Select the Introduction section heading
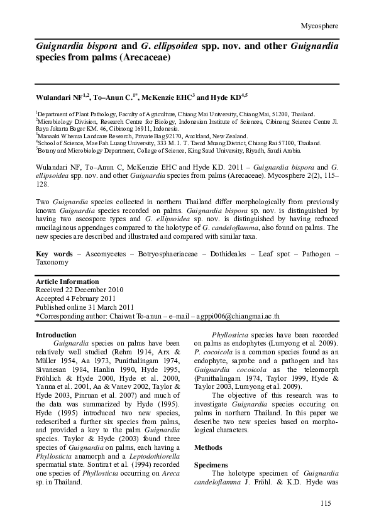(56, 335)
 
